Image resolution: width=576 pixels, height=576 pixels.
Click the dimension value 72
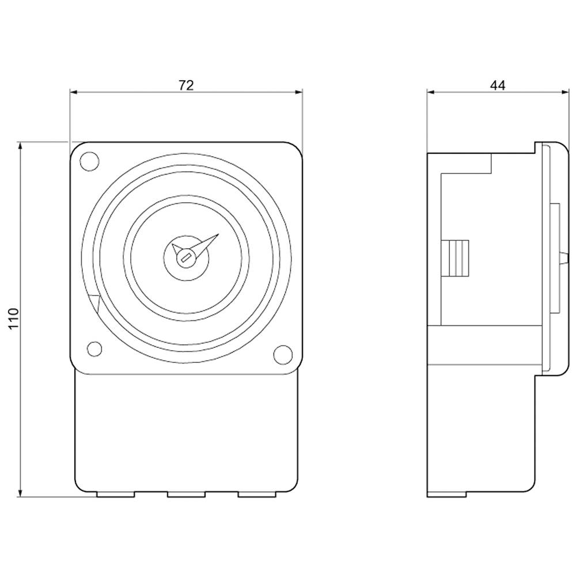[x=185, y=85]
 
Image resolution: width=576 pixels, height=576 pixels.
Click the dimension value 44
[x=498, y=85]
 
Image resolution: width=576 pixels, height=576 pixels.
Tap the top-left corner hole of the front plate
[x=88, y=161]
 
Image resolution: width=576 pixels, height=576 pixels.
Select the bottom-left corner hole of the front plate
[x=93, y=349]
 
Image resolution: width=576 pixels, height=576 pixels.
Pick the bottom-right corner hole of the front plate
[x=282, y=354]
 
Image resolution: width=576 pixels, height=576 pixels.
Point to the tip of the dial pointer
[x=218, y=235]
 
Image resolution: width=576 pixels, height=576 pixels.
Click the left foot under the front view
[x=115, y=494]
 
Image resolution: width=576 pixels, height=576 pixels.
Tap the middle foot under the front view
[x=186, y=494]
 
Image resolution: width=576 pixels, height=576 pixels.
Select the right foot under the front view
[x=257, y=494]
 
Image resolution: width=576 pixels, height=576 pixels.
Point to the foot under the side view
[x=446, y=494]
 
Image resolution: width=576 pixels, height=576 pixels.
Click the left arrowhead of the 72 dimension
[x=73, y=92]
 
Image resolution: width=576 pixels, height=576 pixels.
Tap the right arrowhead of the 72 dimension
[x=299, y=92]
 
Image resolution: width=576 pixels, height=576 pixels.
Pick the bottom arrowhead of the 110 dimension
[x=21, y=493]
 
